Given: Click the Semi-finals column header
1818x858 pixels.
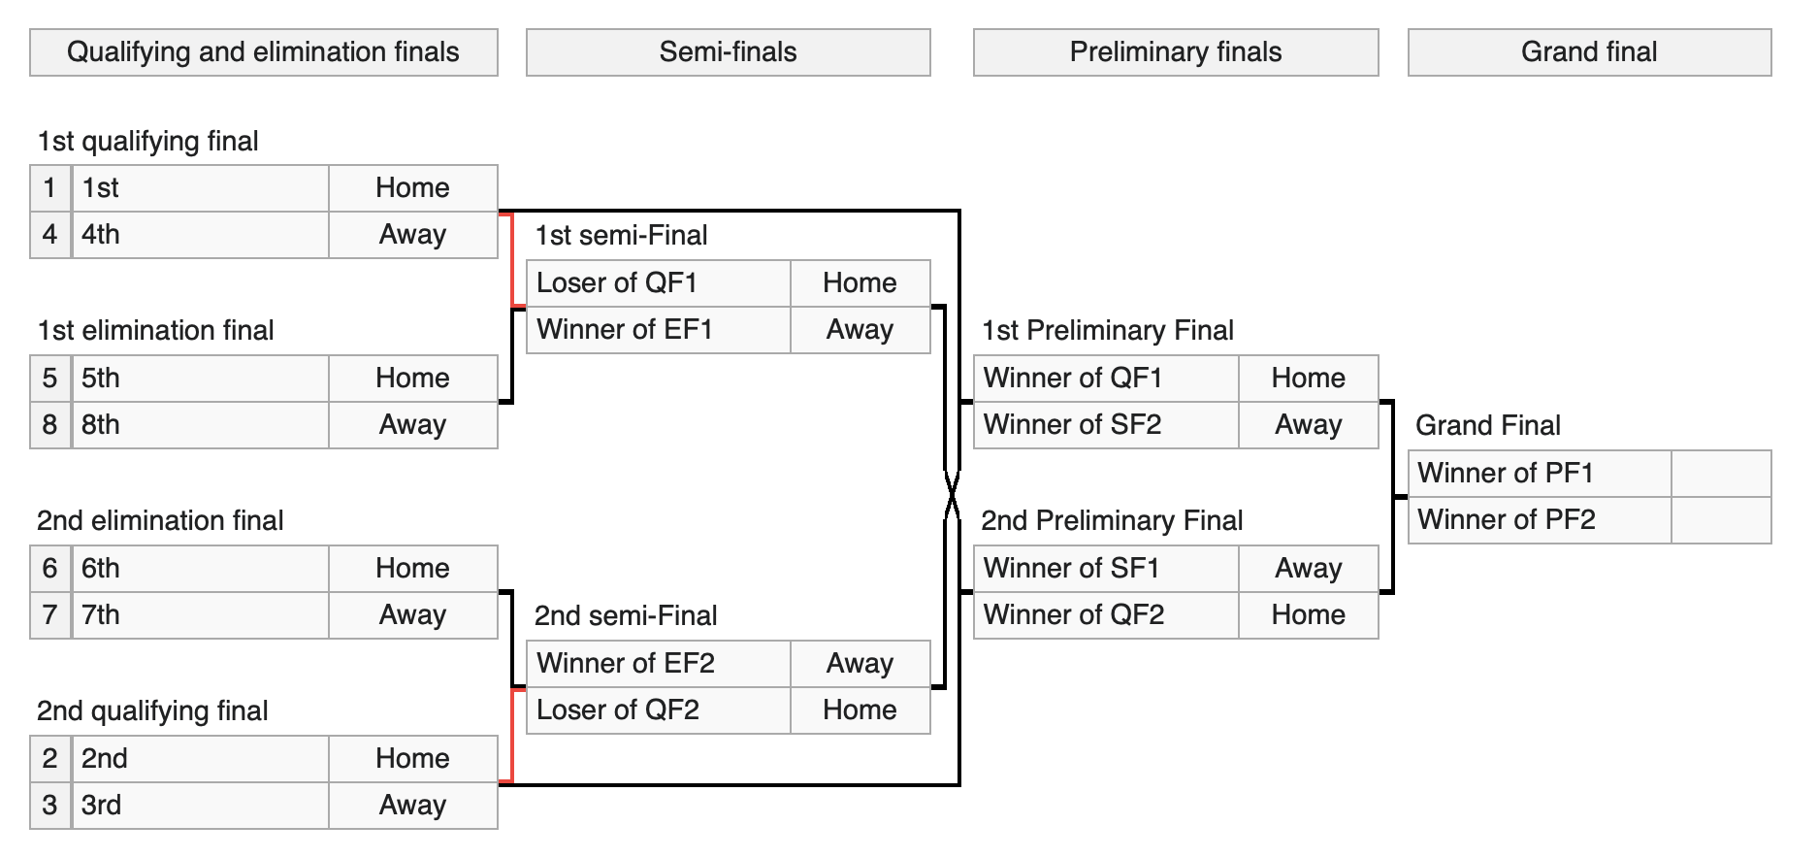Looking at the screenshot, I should (x=728, y=52).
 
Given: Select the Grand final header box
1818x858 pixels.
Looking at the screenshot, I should (x=1589, y=52).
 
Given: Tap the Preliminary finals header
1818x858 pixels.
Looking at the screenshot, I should (x=1176, y=52).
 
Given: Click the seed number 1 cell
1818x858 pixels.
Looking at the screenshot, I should (x=49, y=188).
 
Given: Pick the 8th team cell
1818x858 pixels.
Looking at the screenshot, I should (x=200, y=425).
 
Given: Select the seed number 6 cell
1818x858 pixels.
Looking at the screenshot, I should (x=49, y=569).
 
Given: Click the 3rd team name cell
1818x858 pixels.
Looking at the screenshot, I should (x=200, y=806).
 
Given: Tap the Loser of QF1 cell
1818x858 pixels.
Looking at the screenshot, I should (x=658, y=283).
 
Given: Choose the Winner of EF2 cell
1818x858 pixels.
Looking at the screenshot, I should (x=658, y=664).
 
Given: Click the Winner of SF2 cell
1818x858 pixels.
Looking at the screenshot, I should (x=1106, y=425).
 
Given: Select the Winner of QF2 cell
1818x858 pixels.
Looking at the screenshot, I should (x=1106, y=615).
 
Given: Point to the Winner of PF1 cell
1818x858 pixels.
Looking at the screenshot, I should (x=1540, y=474).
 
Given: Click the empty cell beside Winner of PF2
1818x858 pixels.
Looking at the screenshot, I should (x=1721, y=520).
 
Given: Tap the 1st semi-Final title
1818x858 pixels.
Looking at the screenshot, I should (x=621, y=236).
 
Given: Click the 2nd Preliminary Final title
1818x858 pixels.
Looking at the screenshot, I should (x=1112, y=521).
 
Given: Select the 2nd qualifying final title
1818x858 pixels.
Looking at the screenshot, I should (x=152, y=711).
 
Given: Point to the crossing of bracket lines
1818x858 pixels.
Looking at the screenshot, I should (x=952, y=497).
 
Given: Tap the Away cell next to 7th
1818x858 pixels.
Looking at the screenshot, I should (x=412, y=615).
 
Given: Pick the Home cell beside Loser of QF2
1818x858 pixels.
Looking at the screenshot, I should (x=860, y=710).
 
